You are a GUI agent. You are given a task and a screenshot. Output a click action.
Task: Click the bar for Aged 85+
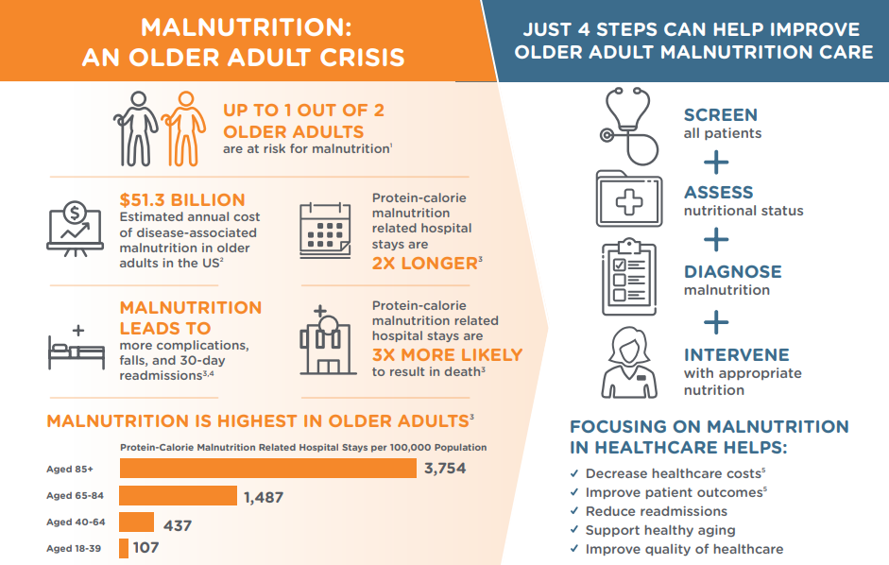tap(268, 468)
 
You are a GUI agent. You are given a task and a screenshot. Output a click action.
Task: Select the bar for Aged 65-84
tap(178, 495)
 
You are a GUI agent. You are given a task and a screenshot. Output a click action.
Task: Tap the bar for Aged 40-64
tap(137, 522)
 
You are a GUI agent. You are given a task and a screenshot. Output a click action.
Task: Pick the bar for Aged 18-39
tap(124, 549)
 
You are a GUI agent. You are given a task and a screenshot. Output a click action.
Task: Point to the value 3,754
tap(445, 468)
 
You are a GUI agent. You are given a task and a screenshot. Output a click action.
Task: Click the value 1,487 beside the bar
tap(264, 498)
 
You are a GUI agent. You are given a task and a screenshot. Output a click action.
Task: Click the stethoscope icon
tap(629, 126)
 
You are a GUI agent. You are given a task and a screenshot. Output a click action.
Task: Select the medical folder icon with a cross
tap(629, 199)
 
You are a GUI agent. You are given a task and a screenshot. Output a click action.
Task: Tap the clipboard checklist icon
tap(629, 277)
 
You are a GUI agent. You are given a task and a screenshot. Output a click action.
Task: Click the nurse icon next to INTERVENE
tap(629, 363)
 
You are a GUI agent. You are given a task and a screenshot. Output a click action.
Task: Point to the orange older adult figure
tap(184, 128)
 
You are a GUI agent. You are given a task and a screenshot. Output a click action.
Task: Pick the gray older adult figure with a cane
tap(136, 128)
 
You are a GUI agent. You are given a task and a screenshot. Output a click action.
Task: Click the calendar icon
tap(325, 231)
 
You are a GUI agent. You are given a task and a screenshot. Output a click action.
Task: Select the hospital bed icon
tap(77, 347)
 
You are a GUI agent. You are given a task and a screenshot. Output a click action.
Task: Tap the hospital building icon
tap(328, 340)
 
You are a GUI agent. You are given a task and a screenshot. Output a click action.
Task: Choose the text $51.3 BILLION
tap(182, 199)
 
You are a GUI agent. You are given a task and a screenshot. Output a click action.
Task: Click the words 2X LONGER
tap(425, 264)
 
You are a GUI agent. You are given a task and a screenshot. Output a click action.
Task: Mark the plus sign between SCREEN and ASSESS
tap(716, 163)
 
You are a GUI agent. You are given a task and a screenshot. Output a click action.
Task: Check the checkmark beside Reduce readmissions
tap(574, 511)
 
